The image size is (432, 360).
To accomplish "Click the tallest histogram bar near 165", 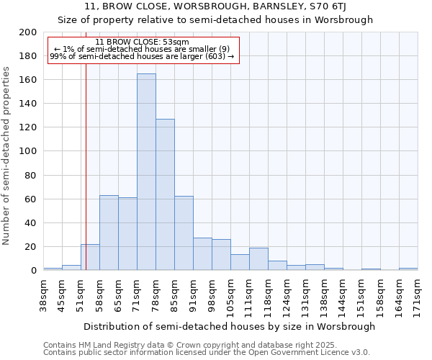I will (146, 173).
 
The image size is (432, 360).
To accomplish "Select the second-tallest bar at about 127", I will (165, 194).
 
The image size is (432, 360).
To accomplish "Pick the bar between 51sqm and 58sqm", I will (90, 257).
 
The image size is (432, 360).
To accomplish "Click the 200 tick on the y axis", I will (28, 32).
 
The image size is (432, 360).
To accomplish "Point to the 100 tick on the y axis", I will (28, 151).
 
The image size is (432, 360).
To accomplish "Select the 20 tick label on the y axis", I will (31, 247).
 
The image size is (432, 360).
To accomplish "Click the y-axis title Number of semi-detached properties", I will (7, 156).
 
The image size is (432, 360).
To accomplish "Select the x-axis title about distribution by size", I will (230, 326).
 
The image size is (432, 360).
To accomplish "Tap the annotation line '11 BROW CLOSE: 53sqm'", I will (142, 42).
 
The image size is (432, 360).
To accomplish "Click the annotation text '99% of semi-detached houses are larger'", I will (142, 56).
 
